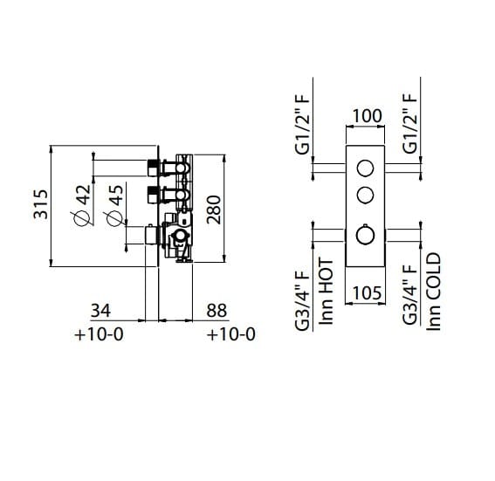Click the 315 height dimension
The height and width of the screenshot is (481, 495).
[41, 204]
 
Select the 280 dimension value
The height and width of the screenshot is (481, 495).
[214, 210]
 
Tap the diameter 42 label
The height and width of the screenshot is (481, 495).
[82, 205]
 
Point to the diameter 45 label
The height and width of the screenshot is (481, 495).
[114, 205]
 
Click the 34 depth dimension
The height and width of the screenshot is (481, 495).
[100, 311]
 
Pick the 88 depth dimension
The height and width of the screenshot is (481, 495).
[217, 311]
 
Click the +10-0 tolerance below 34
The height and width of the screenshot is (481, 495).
[99, 334]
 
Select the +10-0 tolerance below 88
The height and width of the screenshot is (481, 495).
[230, 334]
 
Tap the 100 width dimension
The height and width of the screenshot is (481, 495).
[367, 116]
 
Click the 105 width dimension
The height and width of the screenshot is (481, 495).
[367, 293]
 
